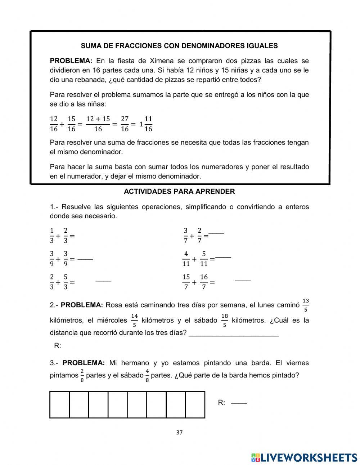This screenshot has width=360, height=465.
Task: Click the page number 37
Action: pos(180,433)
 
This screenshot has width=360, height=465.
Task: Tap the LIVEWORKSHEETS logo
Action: pos(304,457)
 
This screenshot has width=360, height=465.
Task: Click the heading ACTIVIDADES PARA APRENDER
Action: pos(179,192)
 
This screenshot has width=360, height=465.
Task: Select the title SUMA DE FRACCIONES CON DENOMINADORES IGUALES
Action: pos(179,46)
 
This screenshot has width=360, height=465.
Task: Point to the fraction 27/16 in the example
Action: pos(125,124)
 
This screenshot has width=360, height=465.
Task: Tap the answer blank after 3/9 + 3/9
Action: pos(85,259)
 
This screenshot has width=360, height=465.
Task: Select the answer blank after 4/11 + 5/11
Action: pos(223,257)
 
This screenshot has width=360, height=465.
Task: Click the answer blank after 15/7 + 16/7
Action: pos(243,280)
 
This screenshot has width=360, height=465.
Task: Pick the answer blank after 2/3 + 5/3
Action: pos(103,281)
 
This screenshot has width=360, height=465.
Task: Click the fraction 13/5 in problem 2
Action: pos(306,305)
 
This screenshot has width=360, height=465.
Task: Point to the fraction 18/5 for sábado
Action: pos(225,320)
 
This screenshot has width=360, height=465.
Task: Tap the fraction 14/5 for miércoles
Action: pos(134,320)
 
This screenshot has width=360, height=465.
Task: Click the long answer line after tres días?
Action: pos(234,335)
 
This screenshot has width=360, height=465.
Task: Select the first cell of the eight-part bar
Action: pos(59,405)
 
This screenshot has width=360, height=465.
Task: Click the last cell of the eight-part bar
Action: pos(195,405)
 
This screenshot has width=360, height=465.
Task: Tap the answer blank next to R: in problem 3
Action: pos(239,403)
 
